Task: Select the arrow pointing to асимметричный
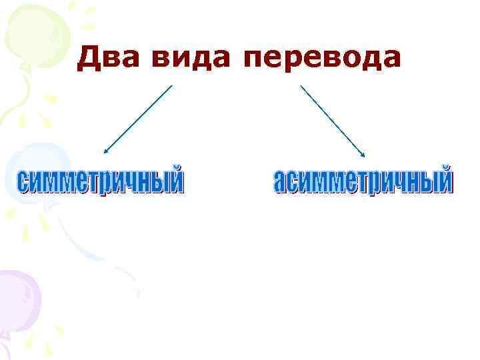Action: (x=333, y=121)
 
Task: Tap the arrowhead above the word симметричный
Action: (x=106, y=152)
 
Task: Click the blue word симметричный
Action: (x=99, y=181)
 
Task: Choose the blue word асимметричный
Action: (x=363, y=181)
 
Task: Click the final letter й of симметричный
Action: (x=175, y=181)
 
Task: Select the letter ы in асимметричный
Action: (x=425, y=182)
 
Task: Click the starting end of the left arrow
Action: (x=171, y=86)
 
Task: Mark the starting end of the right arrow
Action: (x=301, y=86)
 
